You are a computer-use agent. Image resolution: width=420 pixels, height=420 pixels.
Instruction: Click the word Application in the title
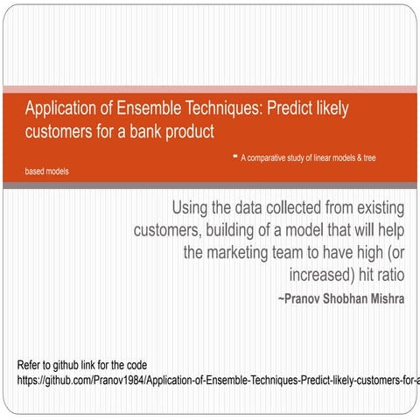coord(61,109)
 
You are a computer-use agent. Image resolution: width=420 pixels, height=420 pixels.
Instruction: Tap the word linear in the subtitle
coord(336,157)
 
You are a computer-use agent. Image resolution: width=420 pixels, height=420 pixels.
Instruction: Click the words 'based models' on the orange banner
coord(47,171)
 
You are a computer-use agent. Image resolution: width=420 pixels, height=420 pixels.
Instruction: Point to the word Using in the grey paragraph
coord(191,208)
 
